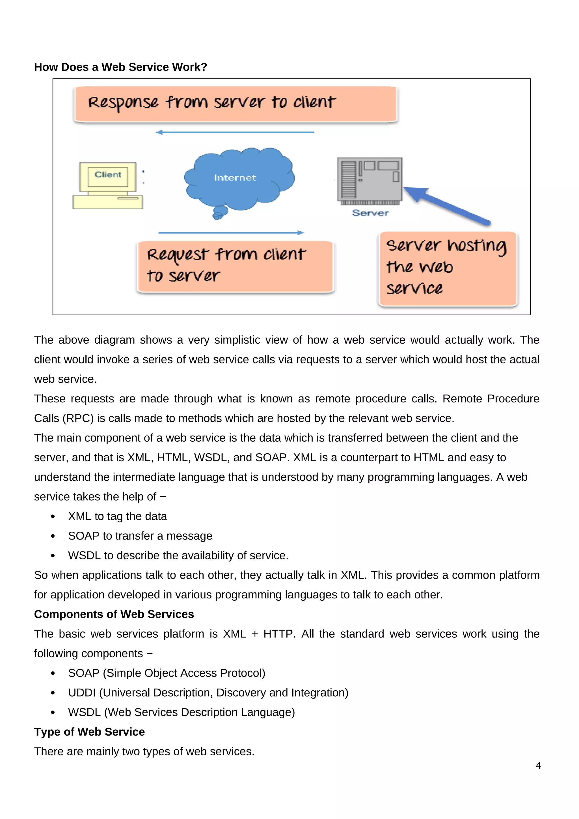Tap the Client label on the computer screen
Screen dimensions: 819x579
(x=108, y=175)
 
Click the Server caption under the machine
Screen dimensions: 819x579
(x=370, y=213)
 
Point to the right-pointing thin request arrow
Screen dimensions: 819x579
(x=231, y=232)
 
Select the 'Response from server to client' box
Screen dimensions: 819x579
(x=235, y=104)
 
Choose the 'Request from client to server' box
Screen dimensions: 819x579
(x=235, y=266)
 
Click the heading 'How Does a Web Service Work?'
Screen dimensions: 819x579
(x=120, y=67)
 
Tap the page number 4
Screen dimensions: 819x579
(x=538, y=766)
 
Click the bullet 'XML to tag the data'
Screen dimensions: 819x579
(x=117, y=516)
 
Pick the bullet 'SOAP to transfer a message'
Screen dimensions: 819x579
(x=140, y=536)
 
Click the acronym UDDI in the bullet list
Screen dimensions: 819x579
(x=82, y=693)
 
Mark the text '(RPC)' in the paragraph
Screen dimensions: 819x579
(x=78, y=418)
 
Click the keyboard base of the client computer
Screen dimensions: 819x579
(x=108, y=202)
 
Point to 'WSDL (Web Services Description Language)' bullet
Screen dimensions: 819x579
(x=181, y=712)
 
